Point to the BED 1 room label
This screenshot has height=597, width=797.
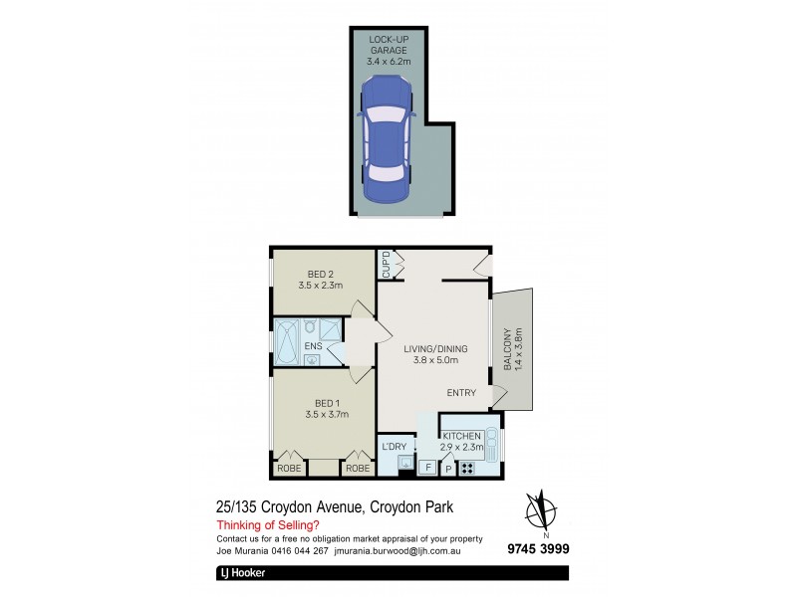320,408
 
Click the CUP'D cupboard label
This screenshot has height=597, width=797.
385,266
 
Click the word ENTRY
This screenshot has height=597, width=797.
461,393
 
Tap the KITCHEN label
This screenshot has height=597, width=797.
462,436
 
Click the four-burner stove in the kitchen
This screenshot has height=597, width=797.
466,468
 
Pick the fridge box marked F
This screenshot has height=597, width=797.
427,467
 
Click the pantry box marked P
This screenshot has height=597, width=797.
447,468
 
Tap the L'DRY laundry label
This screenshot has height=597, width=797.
394,447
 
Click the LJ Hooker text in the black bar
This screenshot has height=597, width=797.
243,573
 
